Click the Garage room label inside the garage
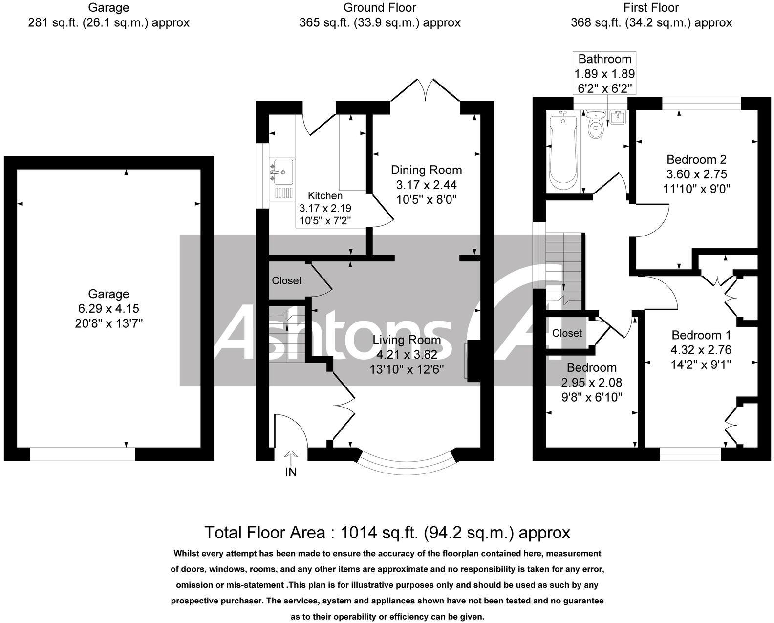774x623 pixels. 108,294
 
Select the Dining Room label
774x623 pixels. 426,170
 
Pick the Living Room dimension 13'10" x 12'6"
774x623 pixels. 407,369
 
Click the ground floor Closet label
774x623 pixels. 286,280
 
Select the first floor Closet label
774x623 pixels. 567,333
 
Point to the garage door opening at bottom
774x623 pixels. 82,454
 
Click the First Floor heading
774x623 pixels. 651,8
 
